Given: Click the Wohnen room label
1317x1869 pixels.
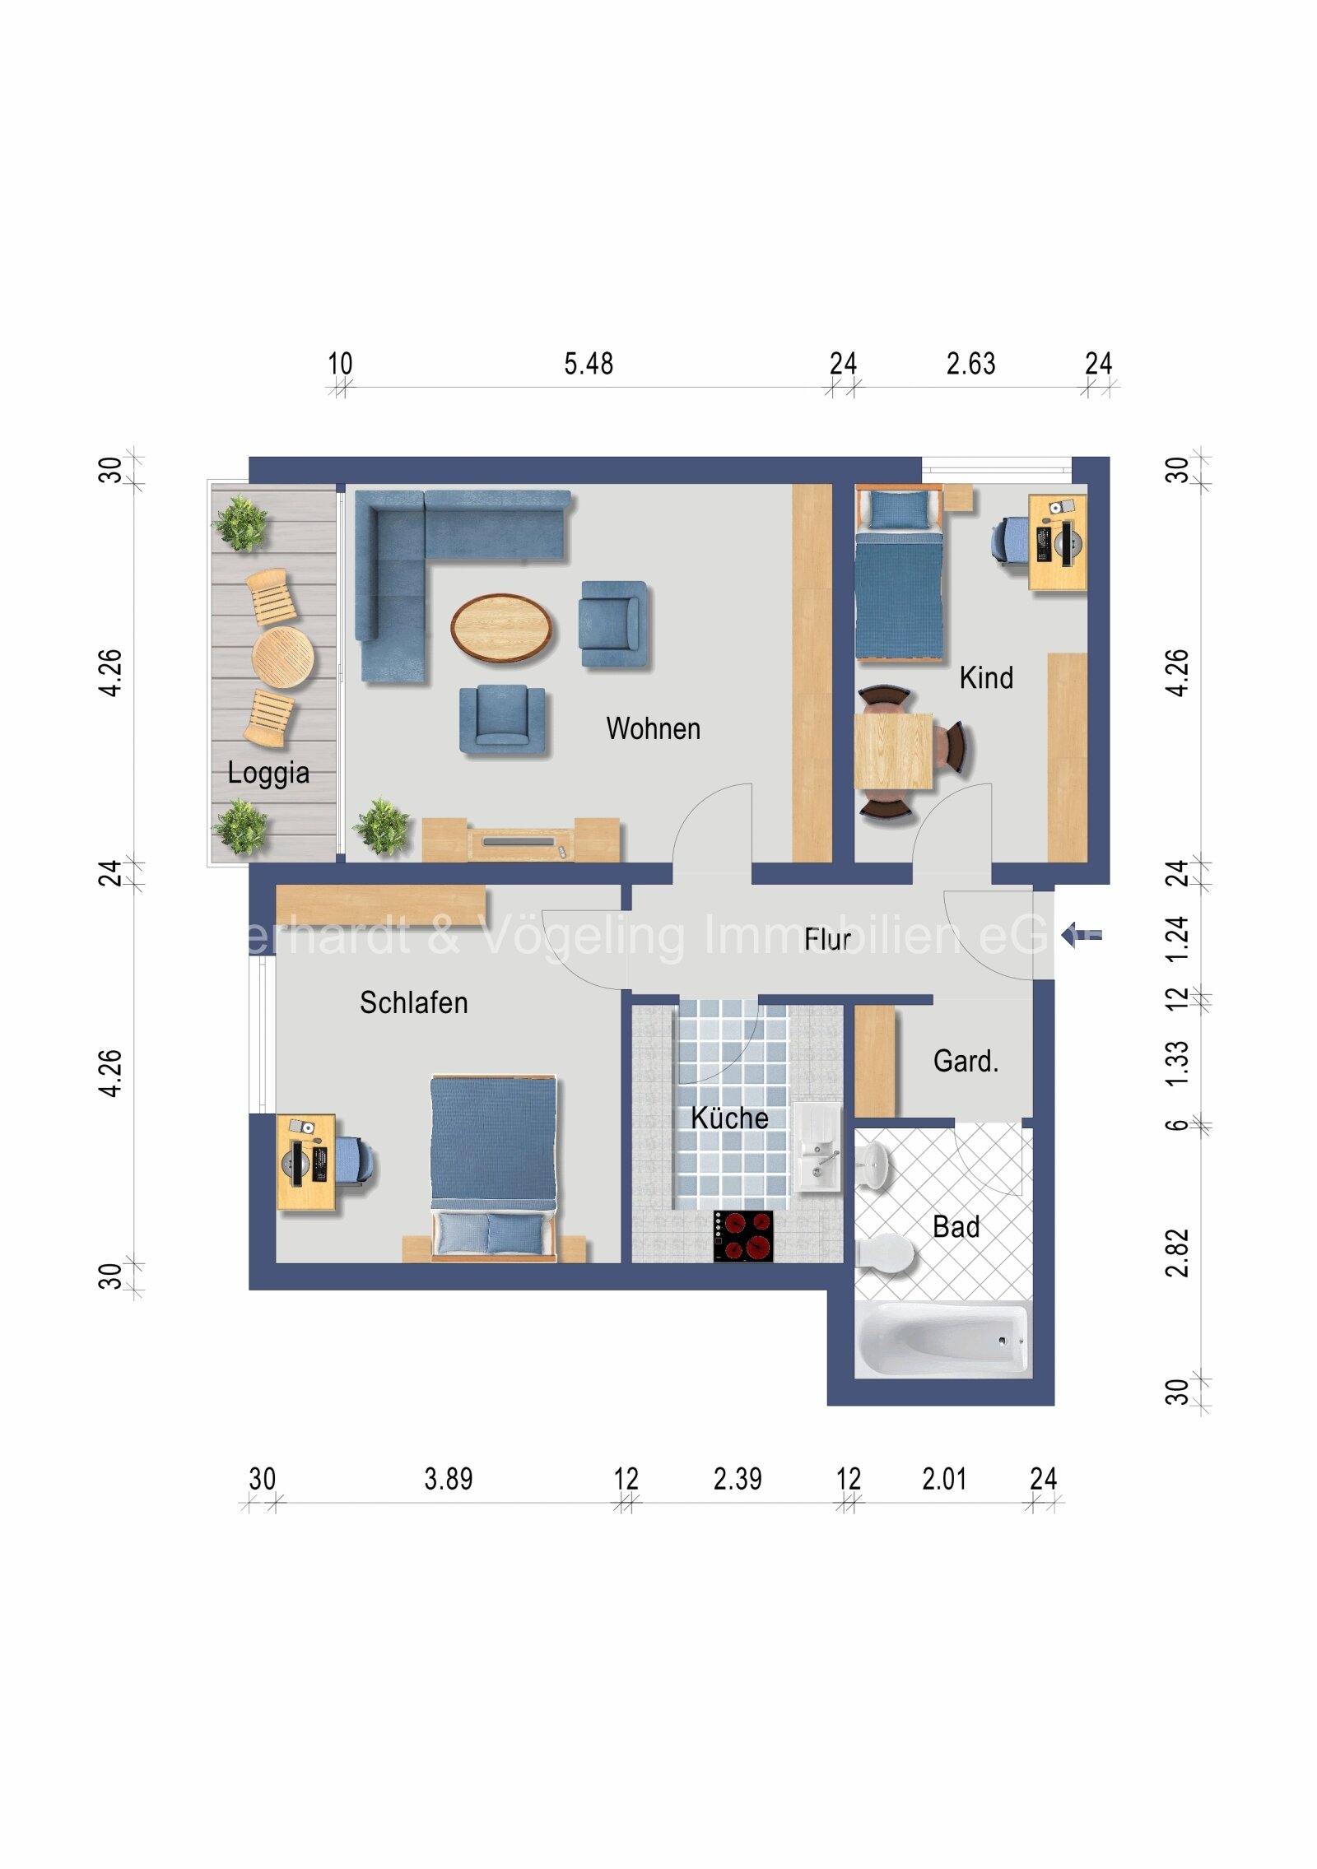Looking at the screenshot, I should pyautogui.click(x=653, y=728).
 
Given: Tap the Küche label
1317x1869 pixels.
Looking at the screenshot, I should pyautogui.click(x=729, y=1118).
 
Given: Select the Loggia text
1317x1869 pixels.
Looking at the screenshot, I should pyautogui.click(x=268, y=772).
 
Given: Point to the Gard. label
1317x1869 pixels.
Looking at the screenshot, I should pyautogui.click(x=966, y=1061).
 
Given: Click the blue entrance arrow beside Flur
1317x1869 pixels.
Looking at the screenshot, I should pyautogui.click(x=1080, y=935).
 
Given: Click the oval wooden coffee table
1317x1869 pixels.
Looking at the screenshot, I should pyautogui.click(x=501, y=628).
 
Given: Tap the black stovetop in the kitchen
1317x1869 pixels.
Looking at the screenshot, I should pyautogui.click(x=742, y=1235).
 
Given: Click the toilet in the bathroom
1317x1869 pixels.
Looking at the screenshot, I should pyautogui.click(x=886, y=1254).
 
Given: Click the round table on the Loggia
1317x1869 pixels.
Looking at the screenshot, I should pyautogui.click(x=282, y=656).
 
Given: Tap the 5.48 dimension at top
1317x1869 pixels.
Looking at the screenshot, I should pyautogui.click(x=588, y=364).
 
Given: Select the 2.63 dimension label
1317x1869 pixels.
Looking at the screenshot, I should pyautogui.click(x=970, y=364).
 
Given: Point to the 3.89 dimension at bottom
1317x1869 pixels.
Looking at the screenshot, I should pyautogui.click(x=449, y=1479).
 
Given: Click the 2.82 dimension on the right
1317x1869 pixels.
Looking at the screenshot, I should pyautogui.click(x=1177, y=1252).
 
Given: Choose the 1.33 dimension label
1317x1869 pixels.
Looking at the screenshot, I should pyautogui.click(x=1177, y=1062).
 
